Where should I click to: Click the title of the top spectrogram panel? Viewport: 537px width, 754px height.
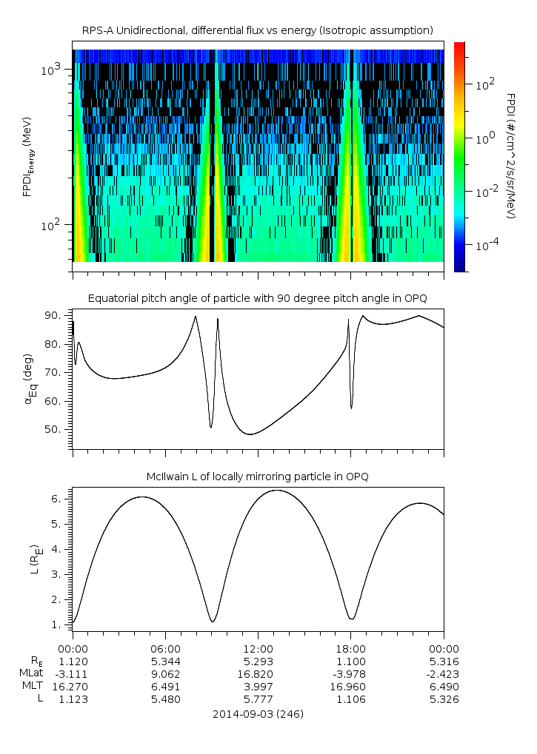click(258, 30)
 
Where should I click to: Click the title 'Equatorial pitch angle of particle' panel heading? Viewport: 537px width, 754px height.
click(258, 298)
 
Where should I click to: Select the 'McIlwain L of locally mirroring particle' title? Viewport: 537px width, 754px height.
click(258, 477)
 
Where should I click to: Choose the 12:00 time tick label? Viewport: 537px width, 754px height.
click(258, 649)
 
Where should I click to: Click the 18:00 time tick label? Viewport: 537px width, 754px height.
click(350, 649)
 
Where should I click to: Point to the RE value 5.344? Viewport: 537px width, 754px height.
click(165, 662)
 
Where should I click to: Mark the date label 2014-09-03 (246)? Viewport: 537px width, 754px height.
click(258, 715)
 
